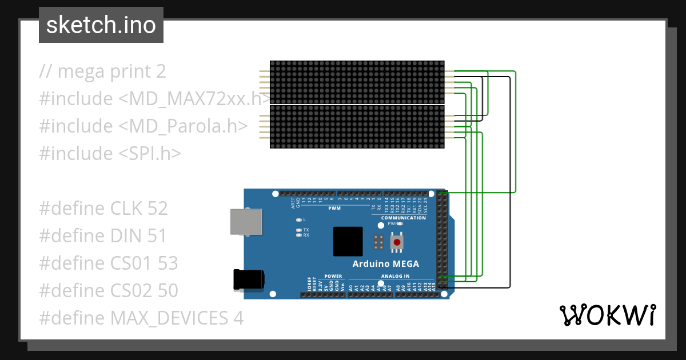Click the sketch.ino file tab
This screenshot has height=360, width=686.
(101, 25)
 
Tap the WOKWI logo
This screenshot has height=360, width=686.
(607, 315)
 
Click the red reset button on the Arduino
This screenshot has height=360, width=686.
(397, 243)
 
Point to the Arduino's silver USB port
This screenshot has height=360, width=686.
(246, 221)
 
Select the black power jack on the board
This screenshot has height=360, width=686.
(249, 279)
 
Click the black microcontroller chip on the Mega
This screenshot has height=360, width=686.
(348, 241)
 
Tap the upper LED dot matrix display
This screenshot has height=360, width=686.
(357, 82)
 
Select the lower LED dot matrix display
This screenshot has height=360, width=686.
(357, 126)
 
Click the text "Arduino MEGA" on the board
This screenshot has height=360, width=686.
(385, 264)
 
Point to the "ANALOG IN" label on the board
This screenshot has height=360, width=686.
(395, 276)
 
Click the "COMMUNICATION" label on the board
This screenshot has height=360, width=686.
(404, 218)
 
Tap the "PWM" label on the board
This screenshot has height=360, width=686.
(334, 209)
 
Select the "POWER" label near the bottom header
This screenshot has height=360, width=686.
(333, 276)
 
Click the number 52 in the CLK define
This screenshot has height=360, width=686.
(157, 209)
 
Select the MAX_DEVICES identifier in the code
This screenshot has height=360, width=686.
(169, 318)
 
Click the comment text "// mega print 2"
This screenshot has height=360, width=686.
(103, 71)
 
